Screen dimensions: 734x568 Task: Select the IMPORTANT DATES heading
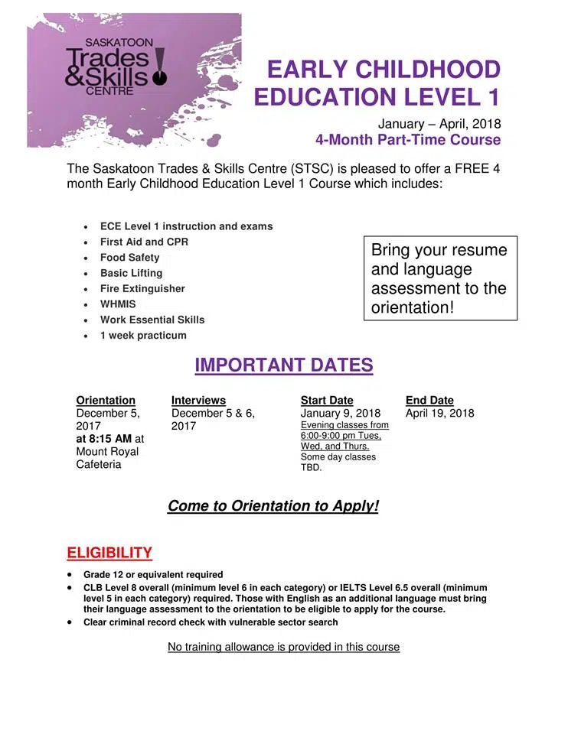[283, 365]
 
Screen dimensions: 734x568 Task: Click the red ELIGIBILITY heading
[109, 552]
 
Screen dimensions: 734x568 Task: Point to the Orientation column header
[106, 400]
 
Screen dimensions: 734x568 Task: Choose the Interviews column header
[198, 400]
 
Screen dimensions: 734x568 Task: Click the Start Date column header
[327, 400]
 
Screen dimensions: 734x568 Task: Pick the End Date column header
[429, 400]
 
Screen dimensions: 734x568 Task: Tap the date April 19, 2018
[439, 414]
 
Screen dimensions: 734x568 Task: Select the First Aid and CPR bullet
[144, 242]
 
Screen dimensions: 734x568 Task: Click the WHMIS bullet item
[118, 304]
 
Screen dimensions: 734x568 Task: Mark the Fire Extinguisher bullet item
[142, 288]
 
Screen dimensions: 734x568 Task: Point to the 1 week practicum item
[143, 335]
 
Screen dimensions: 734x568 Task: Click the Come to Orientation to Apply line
[273, 506]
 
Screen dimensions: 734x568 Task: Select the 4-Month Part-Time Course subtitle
[408, 140]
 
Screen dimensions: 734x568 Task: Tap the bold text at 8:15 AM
[104, 439]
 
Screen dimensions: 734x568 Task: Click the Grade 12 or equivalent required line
[153, 574]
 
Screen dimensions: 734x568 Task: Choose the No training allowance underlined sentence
[283, 647]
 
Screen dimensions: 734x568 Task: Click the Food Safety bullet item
[129, 257]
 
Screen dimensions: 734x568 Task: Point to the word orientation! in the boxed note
[413, 307]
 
